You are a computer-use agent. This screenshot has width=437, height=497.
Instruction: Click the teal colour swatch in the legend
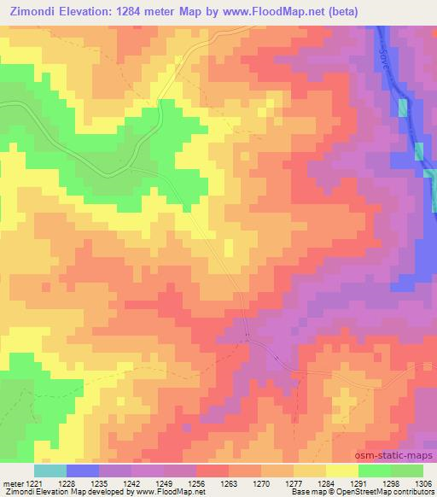coord(50,471)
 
